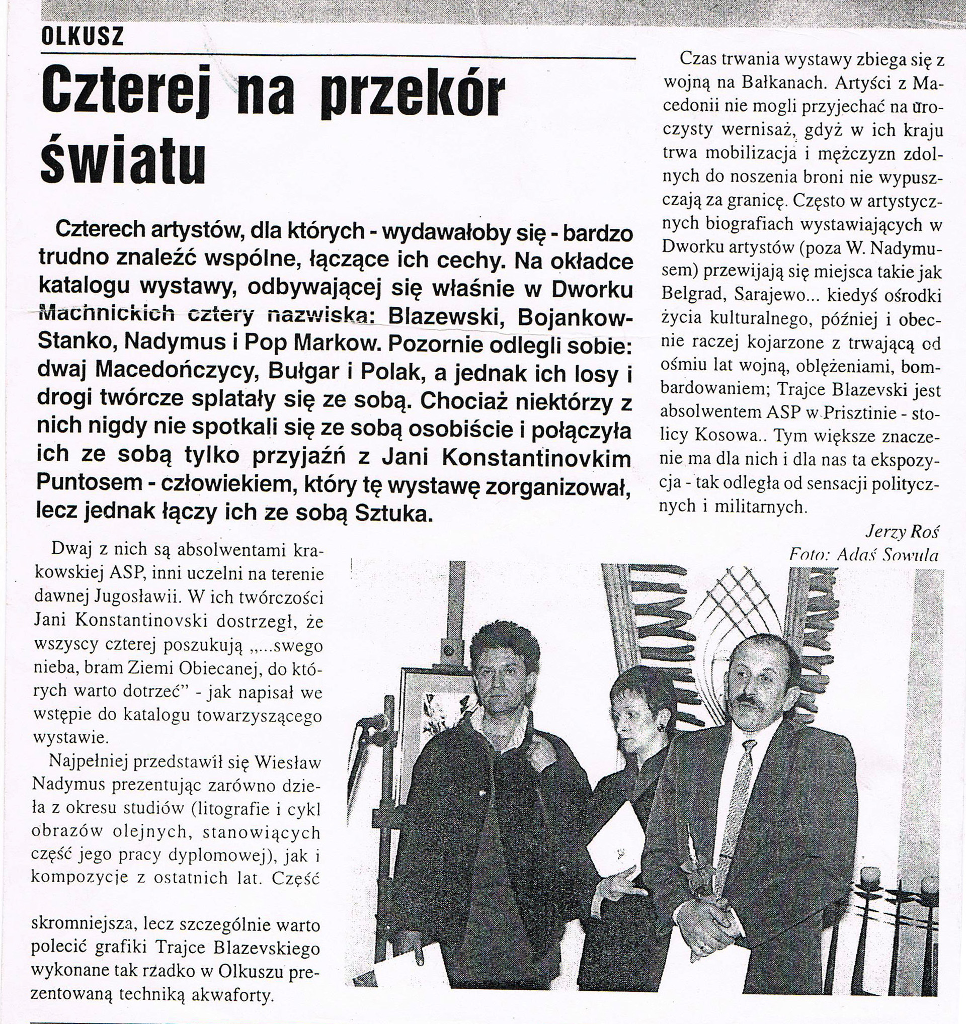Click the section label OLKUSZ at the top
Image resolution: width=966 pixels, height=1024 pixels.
(x=83, y=38)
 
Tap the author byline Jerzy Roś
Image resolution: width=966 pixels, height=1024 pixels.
(x=901, y=531)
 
